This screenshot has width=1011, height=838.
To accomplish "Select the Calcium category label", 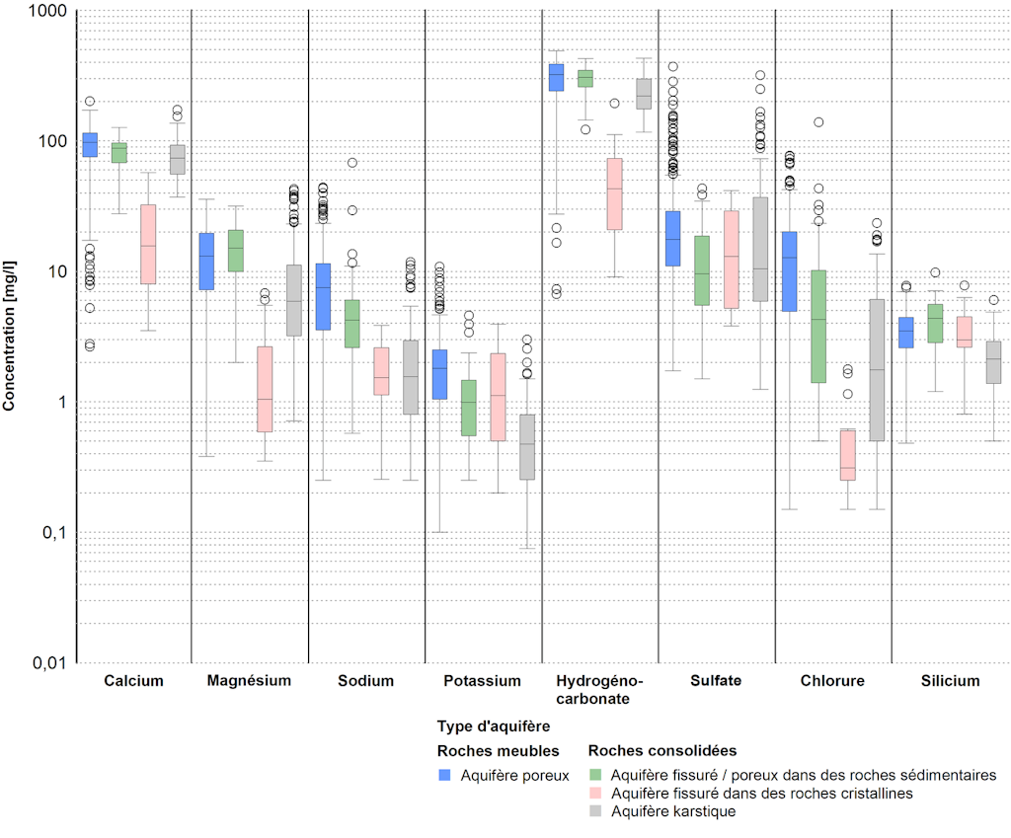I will click(x=133, y=681).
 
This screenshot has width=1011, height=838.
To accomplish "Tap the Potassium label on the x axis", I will click(x=482, y=681).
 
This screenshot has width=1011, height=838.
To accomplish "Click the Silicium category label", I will click(x=951, y=681).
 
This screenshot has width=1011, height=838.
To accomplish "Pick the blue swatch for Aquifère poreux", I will click(x=444, y=775).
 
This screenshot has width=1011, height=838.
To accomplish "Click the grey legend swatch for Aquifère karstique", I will click(x=596, y=811).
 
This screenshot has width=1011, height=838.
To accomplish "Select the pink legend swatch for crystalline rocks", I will click(x=596, y=794).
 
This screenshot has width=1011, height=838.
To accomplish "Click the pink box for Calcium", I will click(x=148, y=245).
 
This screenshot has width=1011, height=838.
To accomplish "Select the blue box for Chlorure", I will click(x=789, y=271).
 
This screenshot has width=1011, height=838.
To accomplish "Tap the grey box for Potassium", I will click(x=528, y=447).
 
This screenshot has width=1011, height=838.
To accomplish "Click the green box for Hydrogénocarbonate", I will click(x=584, y=79).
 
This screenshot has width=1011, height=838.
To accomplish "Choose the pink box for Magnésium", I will click(x=265, y=389).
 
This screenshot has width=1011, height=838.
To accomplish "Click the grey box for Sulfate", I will click(x=760, y=249).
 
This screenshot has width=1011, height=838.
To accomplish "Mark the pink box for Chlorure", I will click(x=847, y=455).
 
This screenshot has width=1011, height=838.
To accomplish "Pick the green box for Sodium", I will click(x=351, y=323).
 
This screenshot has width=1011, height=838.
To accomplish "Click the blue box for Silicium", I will click(x=905, y=332).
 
